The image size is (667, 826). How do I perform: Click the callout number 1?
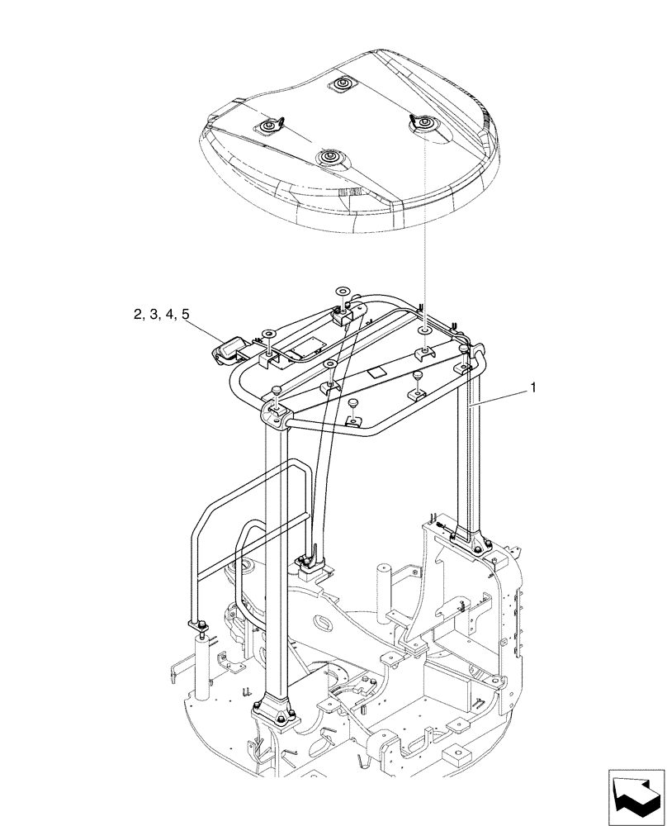pyautogui.click(x=534, y=387)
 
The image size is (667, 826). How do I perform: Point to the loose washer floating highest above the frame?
pyautogui.click(x=343, y=292)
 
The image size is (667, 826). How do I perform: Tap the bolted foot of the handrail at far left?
pyautogui.click(x=198, y=624)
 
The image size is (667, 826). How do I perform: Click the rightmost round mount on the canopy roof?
pyautogui.click(x=423, y=124)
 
